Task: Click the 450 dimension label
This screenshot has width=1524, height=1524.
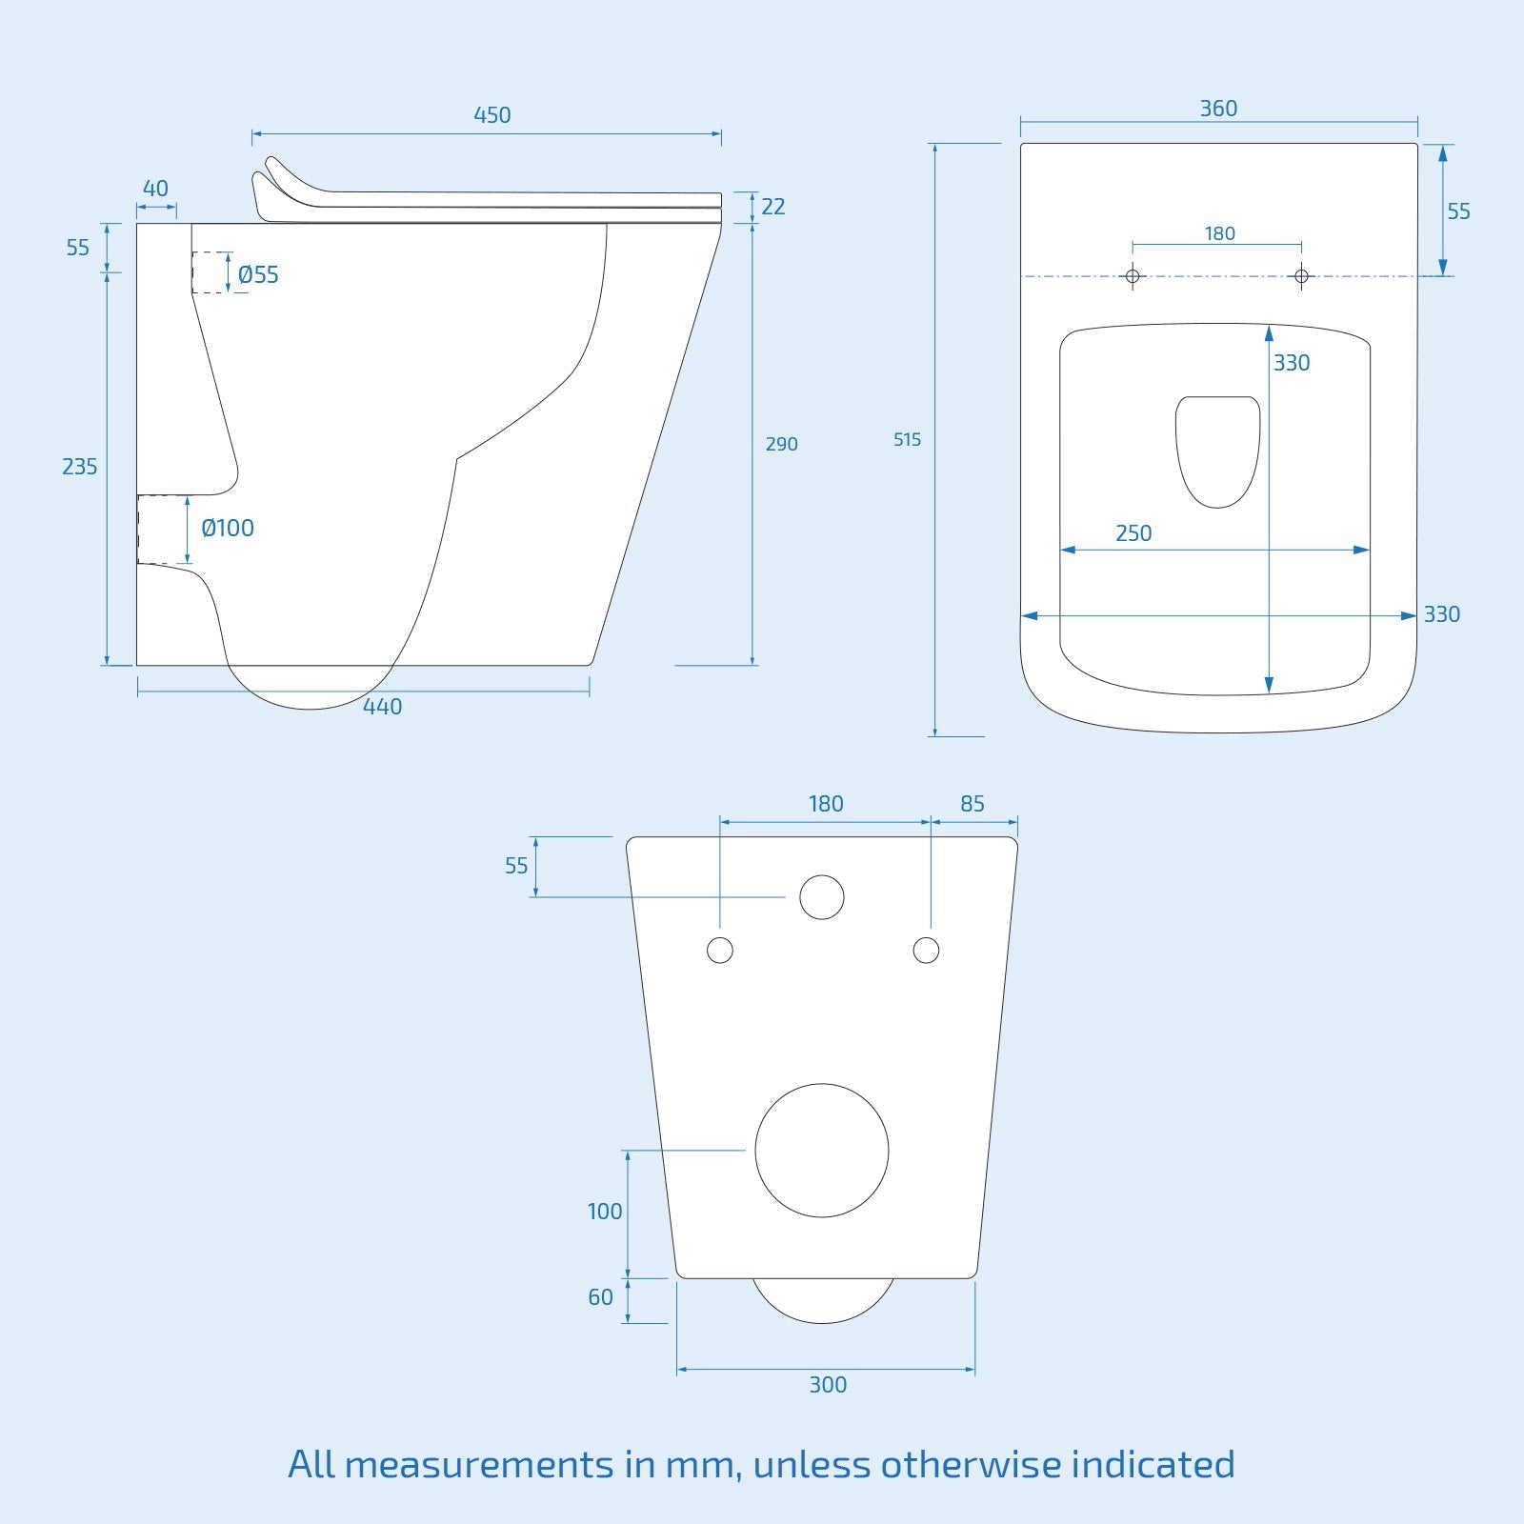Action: [x=491, y=115]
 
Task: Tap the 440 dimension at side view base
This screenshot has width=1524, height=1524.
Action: [x=382, y=707]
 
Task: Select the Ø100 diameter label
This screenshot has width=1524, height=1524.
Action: [x=228, y=529]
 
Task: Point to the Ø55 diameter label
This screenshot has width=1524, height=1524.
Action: [x=258, y=275]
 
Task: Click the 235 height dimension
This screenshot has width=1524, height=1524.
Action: [x=79, y=467]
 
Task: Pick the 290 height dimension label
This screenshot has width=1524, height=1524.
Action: [x=781, y=444]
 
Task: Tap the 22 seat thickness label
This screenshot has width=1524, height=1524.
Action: [x=773, y=207]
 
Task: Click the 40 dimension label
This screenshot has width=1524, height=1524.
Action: [x=155, y=189]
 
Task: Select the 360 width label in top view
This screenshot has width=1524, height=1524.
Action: [x=1218, y=109]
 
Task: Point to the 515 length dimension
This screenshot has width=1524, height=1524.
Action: [x=907, y=440]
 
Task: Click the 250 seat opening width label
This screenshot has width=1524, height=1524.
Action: [x=1133, y=533]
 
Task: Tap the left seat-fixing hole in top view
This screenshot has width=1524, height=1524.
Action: [x=1133, y=276]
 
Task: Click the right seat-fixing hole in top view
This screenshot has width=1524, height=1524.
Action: [x=1302, y=276]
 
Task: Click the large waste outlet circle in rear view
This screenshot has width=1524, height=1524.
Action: [x=822, y=1150]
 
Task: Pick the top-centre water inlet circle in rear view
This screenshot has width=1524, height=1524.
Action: [x=822, y=897]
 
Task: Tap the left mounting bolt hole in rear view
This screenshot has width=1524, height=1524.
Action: [x=720, y=950]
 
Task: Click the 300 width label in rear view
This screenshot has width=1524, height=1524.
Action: [x=828, y=1385]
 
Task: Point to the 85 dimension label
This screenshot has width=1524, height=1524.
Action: [x=973, y=804]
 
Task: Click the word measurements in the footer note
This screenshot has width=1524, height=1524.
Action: [x=478, y=1464]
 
